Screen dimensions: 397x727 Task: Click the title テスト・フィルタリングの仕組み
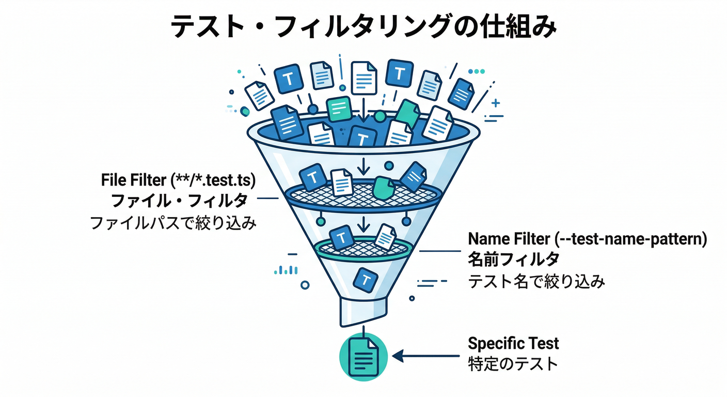(x=363, y=27)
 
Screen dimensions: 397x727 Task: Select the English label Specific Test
(x=513, y=343)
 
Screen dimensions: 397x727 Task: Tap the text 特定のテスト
(x=513, y=363)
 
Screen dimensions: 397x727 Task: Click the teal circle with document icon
(x=363, y=357)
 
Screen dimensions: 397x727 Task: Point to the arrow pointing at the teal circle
(x=425, y=356)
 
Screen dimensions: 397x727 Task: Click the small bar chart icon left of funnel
(x=286, y=269)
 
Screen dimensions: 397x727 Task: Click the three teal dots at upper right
(x=479, y=71)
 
